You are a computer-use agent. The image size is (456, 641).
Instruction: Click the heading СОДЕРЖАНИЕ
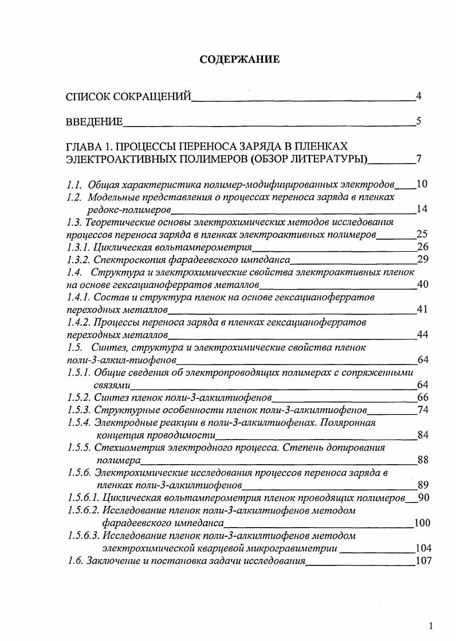pyautogui.click(x=239, y=60)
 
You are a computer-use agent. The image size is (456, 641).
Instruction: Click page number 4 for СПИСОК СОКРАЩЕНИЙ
pyautogui.click(x=419, y=96)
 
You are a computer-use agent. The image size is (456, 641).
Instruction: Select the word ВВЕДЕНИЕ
pyautogui.click(x=95, y=121)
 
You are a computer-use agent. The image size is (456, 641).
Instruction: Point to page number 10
pyautogui.click(x=422, y=184)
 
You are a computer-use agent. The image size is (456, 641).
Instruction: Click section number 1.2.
pyautogui.click(x=74, y=197)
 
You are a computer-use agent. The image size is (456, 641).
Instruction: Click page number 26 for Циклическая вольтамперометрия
pyautogui.click(x=423, y=247)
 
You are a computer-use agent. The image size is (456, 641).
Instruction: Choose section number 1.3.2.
pyautogui.click(x=78, y=259)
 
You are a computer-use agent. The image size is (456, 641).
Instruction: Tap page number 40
pyautogui.click(x=423, y=284)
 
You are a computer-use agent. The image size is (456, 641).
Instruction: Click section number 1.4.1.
pyautogui.click(x=78, y=297)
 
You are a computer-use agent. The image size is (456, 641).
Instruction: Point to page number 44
pyautogui.click(x=423, y=335)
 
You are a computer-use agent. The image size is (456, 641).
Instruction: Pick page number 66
pyautogui.click(x=423, y=398)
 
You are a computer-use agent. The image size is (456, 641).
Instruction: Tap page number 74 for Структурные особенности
pyautogui.click(x=423, y=410)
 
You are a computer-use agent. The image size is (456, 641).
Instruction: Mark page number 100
pyautogui.click(x=422, y=523)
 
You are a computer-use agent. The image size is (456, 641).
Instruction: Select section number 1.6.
pyautogui.click(x=74, y=560)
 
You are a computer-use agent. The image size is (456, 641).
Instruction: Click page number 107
pyautogui.click(x=423, y=560)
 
